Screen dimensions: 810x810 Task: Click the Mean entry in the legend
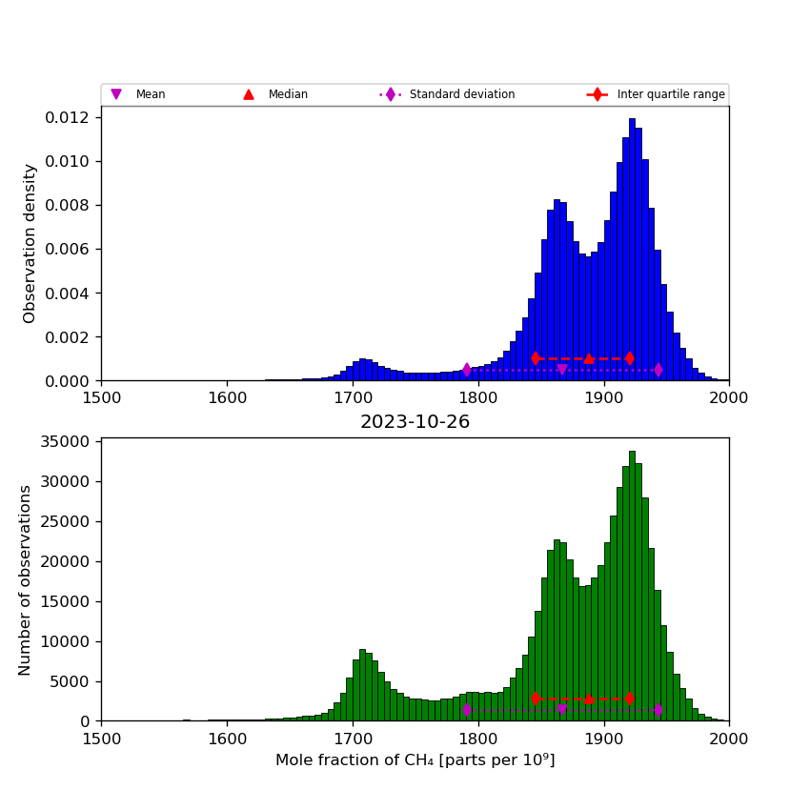coord(150,94)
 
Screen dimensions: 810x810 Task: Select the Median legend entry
coord(287,94)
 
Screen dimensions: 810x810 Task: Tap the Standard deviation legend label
coord(461,94)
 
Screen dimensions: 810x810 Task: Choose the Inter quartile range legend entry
coord(670,94)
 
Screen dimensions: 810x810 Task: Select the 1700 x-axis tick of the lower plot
coord(353,739)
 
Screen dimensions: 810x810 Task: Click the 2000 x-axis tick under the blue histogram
coord(729,398)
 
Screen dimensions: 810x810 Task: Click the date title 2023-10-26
coord(415,422)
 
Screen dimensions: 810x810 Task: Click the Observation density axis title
coord(30,243)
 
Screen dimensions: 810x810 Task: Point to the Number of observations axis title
coord(26,579)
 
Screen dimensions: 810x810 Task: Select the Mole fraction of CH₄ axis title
coord(415,760)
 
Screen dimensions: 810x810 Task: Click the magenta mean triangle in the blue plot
coord(562,370)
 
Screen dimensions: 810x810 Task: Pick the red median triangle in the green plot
coord(589,699)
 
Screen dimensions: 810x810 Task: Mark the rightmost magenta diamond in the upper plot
coord(658,370)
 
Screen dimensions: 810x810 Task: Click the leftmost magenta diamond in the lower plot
coord(467,710)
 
